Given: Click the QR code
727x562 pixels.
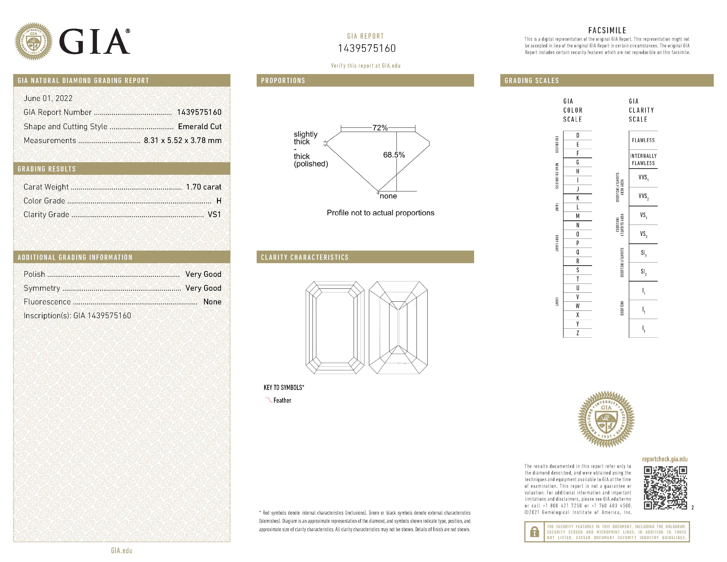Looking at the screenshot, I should [665, 488].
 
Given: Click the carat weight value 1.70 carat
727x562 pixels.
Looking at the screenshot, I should [203, 187].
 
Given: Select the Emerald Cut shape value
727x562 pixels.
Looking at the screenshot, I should [200, 127].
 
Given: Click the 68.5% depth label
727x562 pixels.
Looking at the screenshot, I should [394, 155].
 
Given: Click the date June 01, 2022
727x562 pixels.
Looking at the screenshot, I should [48, 98].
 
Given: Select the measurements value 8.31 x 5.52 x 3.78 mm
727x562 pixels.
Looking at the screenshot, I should [182, 141].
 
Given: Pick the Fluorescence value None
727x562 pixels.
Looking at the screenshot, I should [212, 302].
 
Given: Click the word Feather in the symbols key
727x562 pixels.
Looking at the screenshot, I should [282, 400].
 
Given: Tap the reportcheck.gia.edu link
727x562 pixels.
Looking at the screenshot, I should [665, 459].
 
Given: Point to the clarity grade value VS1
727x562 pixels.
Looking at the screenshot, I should [214, 215].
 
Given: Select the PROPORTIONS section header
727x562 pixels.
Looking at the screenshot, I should [283, 81].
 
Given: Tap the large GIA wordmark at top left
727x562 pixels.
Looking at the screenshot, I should [95, 42].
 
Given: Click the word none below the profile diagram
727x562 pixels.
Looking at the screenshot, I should [388, 196].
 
